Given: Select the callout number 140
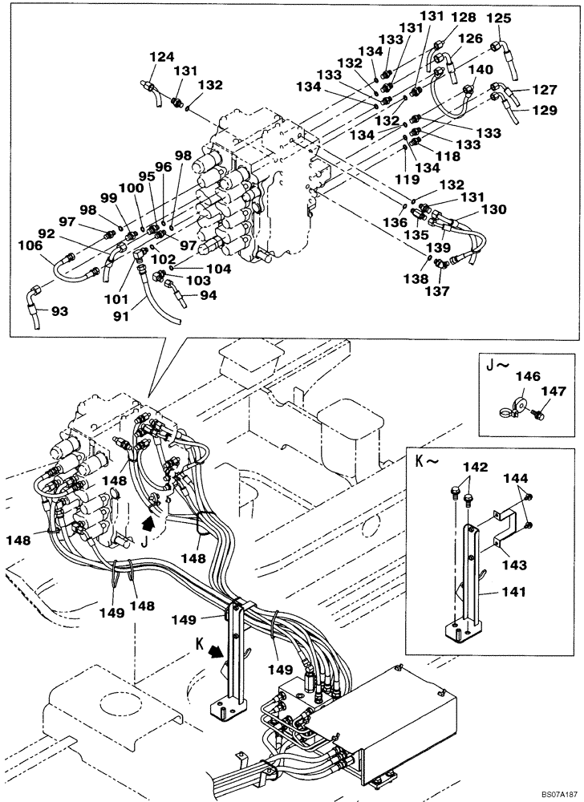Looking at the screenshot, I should [x=480, y=70].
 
